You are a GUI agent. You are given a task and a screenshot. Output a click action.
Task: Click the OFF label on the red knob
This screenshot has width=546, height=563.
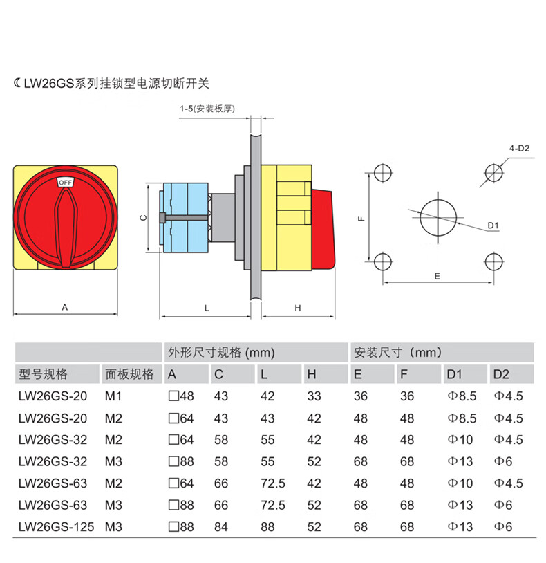coord(65,183)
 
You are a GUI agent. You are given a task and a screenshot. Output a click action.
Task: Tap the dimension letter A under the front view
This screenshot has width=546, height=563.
coord(64,307)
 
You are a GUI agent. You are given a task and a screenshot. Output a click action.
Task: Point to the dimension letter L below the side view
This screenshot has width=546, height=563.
coord(207,308)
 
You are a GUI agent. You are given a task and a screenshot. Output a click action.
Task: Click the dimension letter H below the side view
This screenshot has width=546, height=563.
coord(297,308)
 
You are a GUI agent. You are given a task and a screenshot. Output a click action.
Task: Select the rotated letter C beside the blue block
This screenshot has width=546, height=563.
coord(143,218)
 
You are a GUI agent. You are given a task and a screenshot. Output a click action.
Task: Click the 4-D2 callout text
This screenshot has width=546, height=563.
coord(519,148)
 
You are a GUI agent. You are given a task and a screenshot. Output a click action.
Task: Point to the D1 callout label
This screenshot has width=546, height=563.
coord(493,225)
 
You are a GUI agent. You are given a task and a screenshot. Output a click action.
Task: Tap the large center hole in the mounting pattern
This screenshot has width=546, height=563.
coord(438,218)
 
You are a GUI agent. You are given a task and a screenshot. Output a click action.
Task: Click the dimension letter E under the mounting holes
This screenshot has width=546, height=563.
coord(437,276)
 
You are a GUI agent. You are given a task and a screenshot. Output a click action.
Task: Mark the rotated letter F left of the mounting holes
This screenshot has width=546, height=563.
coord(361,219)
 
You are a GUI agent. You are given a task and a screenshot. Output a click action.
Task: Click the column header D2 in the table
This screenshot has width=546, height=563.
coord(501,374)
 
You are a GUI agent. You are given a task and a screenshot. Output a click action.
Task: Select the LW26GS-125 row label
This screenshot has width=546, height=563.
coord(56,527)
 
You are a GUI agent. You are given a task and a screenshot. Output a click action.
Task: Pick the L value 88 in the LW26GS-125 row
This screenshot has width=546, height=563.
coord(267,527)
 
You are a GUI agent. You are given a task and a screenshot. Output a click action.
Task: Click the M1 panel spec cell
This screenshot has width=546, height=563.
coord(113,396)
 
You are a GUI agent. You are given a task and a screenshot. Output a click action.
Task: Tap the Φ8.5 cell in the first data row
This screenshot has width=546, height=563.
coord(462,396)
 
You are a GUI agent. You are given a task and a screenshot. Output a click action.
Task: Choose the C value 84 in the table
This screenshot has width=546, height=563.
coord(221,527)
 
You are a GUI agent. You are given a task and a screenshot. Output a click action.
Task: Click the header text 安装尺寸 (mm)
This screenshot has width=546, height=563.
coord(398,352)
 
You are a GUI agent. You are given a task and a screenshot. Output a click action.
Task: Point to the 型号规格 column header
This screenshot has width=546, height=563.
coord(43,374)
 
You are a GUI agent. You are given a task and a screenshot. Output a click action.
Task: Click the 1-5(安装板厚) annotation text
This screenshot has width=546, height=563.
coord(207,109)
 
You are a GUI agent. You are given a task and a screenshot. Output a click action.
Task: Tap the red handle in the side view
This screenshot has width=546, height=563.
coord(323,229)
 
